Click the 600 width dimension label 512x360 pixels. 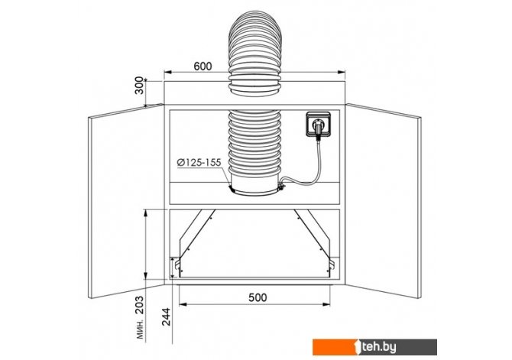click(x=203, y=66)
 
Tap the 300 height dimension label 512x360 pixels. click(x=139, y=86)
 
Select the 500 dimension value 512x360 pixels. click(x=258, y=297)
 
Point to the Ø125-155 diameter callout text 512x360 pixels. click(x=199, y=162)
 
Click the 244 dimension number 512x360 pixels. click(x=166, y=317)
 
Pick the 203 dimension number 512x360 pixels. click(x=139, y=305)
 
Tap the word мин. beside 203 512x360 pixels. click(x=140, y=329)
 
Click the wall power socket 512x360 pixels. click(x=318, y=124)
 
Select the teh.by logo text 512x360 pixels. click(x=378, y=347)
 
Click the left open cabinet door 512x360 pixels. click(x=126, y=201)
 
